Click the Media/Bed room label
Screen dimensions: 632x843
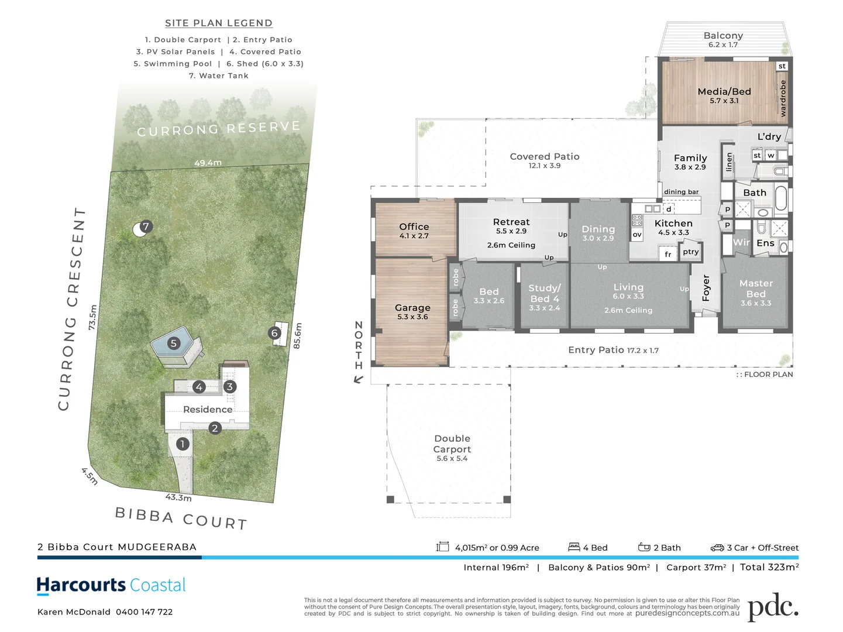(x=724, y=92)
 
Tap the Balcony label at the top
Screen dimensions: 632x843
(x=723, y=36)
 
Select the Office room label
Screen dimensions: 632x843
(x=414, y=227)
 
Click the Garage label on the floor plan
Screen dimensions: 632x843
(x=412, y=308)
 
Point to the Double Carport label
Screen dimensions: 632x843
(x=452, y=444)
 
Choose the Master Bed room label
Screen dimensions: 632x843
(x=756, y=289)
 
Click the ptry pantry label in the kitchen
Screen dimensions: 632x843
(x=690, y=252)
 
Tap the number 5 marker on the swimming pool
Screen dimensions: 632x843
(x=173, y=344)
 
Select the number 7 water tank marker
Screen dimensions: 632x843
(x=146, y=226)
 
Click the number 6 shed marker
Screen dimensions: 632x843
(x=274, y=334)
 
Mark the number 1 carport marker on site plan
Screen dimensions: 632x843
(x=183, y=444)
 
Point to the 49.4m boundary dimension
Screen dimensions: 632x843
(x=208, y=163)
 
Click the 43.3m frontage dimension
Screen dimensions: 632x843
(x=178, y=497)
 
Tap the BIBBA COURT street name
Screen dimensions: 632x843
(x=181, y=518)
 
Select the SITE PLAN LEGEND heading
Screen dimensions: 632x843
(x=219, y=23)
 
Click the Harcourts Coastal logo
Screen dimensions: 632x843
(x=111, y=585)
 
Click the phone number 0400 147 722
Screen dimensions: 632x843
(x=144, y=612)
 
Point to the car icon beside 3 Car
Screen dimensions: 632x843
(x=717, y=548)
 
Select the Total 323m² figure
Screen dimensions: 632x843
(x=769, y=567)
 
